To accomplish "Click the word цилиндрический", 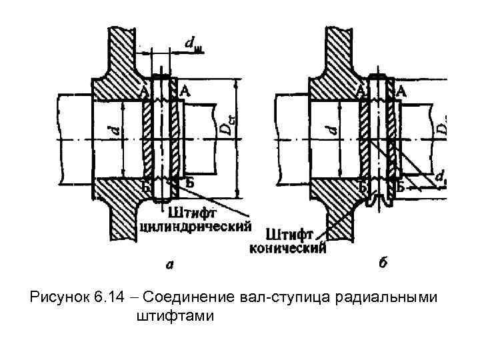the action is tap(197, 226).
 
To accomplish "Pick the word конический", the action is tap(287, 249).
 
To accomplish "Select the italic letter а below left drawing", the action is tap(171, 265).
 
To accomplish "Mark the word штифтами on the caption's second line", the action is tap(175, 315).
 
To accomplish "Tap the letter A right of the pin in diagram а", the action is tap(183, 91).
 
